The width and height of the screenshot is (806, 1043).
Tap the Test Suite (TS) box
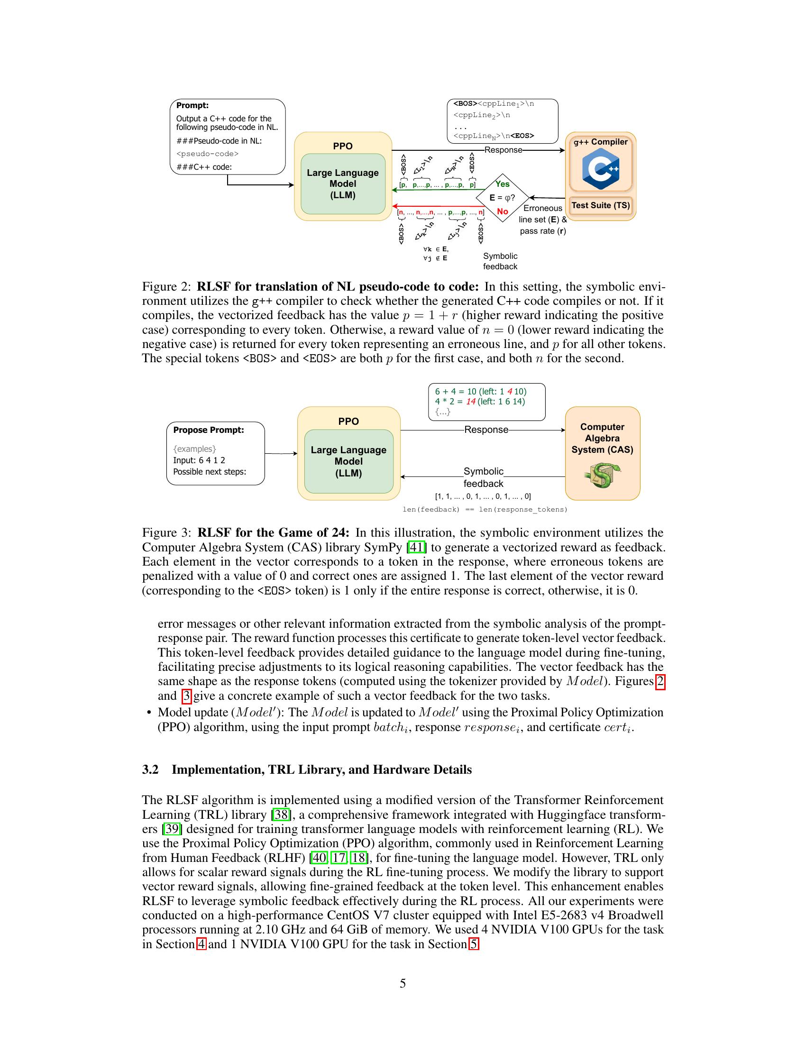coord(601,205)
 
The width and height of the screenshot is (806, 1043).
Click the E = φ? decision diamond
coord(502,198)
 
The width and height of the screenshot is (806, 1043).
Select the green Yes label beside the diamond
coord(502,184)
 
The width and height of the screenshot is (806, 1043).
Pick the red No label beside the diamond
coord(502,211)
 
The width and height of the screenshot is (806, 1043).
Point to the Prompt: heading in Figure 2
coord(192,106)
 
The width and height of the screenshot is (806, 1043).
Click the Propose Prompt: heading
coord(208,430)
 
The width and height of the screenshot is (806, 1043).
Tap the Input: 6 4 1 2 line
coord(199,460)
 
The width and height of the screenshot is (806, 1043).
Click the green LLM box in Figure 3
coord(348,461)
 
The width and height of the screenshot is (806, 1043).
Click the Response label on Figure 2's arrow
coord(503,150)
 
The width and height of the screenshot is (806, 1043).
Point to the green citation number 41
coord(416,547)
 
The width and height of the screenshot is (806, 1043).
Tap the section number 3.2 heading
coord(150,769)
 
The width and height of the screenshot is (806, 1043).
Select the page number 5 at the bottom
coord(403,983)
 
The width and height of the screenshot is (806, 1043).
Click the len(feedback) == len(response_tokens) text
coord(485,510)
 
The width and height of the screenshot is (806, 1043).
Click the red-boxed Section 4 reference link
coord(201,944)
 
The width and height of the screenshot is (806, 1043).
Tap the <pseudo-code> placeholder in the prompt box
coord(207,154)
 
